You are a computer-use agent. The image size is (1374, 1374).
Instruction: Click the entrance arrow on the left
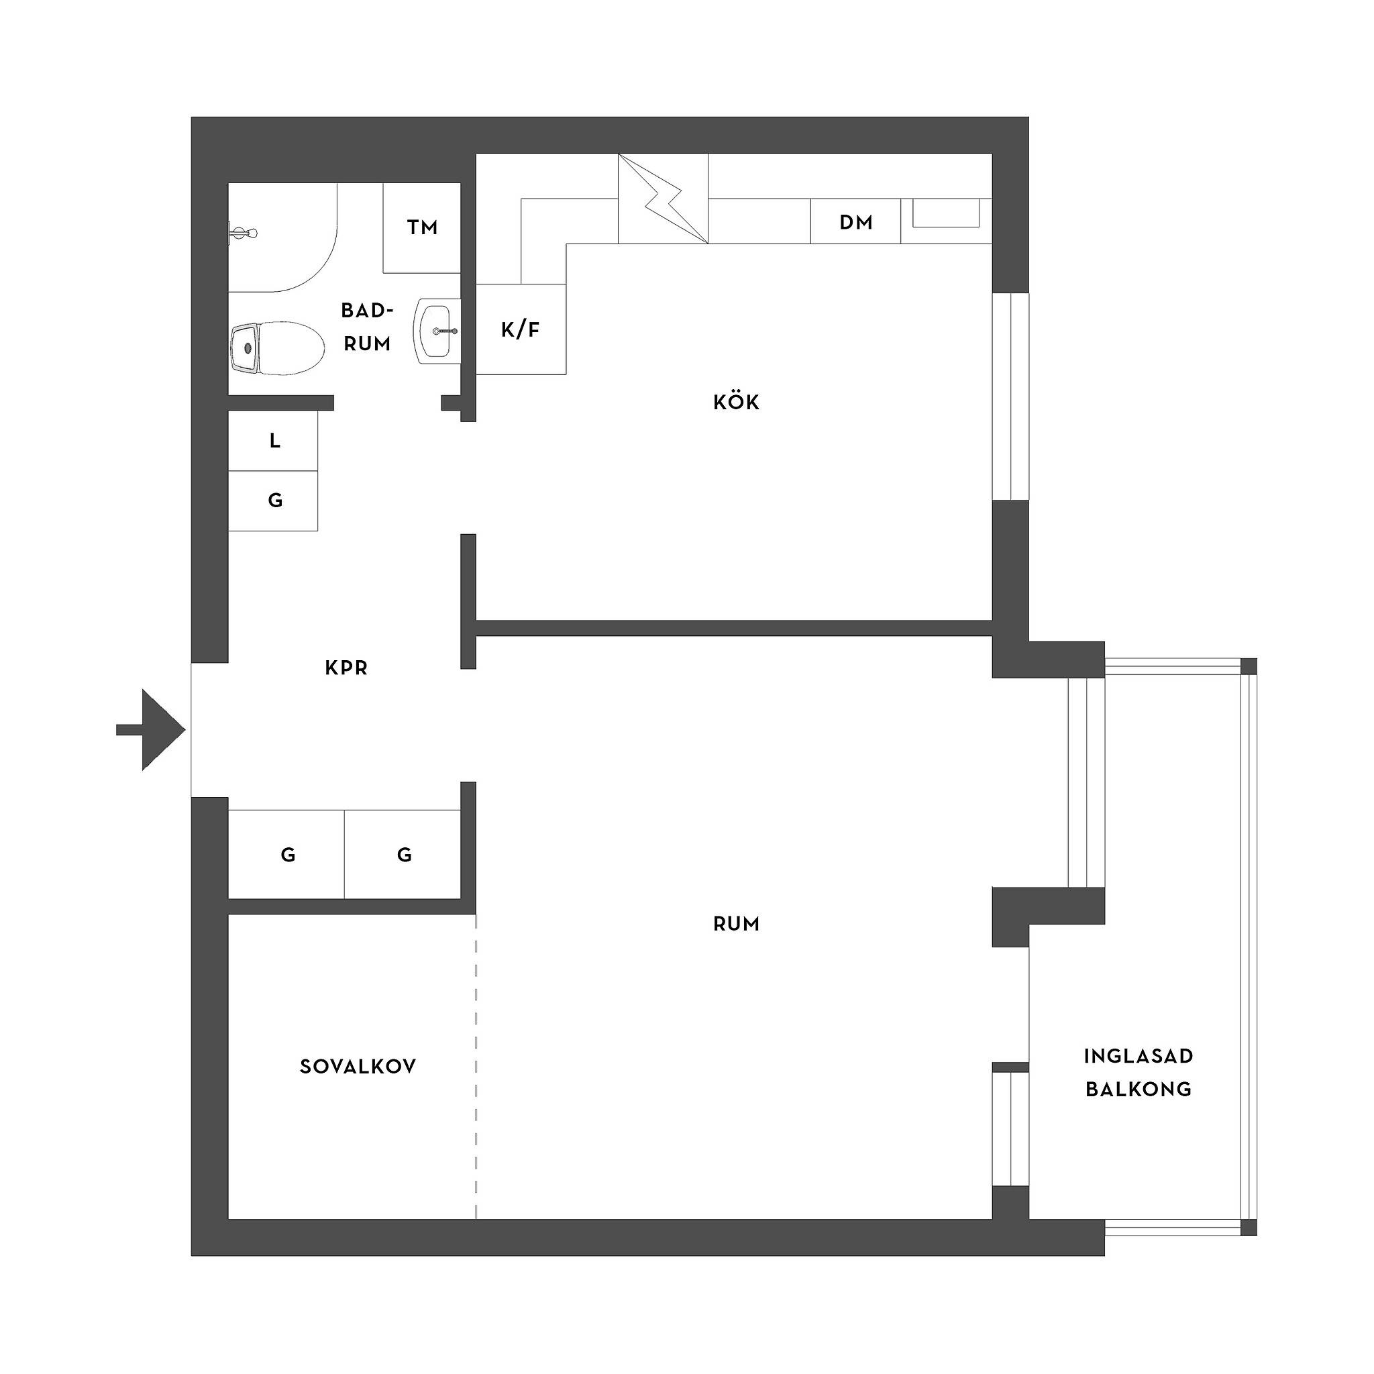pyautogui.click(x=151, y=730)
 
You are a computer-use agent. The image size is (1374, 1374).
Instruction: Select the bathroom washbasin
pyautogui.click(x=437, y=331)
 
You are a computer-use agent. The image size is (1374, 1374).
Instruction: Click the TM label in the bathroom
pyautogui.click(x=422, y=227)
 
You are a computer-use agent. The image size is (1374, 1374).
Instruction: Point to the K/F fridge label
pyautogui.click(x=521, y=330)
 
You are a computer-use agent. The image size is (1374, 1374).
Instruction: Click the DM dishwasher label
pyautogui.click(x=855, y=223)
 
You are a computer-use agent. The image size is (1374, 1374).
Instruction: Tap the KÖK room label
pyautogui.click(x=736, y=402)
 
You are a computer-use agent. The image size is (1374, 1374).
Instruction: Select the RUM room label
pyautogui.click(x=736, y=924)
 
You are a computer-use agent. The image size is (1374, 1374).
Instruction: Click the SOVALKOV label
pyautogui.click(x=358, y=1067)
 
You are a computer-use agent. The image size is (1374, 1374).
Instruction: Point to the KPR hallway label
pyautogui.click(x=346, y=668)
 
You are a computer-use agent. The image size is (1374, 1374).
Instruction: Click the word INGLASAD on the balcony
pyautogui.click(x=1138, y=1056)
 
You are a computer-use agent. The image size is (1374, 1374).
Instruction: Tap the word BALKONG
pyautogui.click(x=1138, y=1090)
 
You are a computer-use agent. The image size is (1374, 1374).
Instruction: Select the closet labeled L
pyautogui.click(x=273, y=441)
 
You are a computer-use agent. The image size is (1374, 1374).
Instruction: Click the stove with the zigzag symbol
pyautogui.click(x=663, y=199)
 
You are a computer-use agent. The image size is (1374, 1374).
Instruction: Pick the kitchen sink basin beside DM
pyautogui.click(x=946, y=213)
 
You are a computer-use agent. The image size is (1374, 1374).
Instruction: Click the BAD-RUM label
pyautogui.click(x=367, y=327)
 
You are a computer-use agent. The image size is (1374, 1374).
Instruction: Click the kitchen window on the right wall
pyautogui.click(x=1010, y=396)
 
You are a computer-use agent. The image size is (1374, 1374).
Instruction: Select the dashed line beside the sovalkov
pyautogui.click(x=476, y=1067)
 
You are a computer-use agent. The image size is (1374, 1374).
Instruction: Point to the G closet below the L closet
pyautogui.click(x=273, y=500)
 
